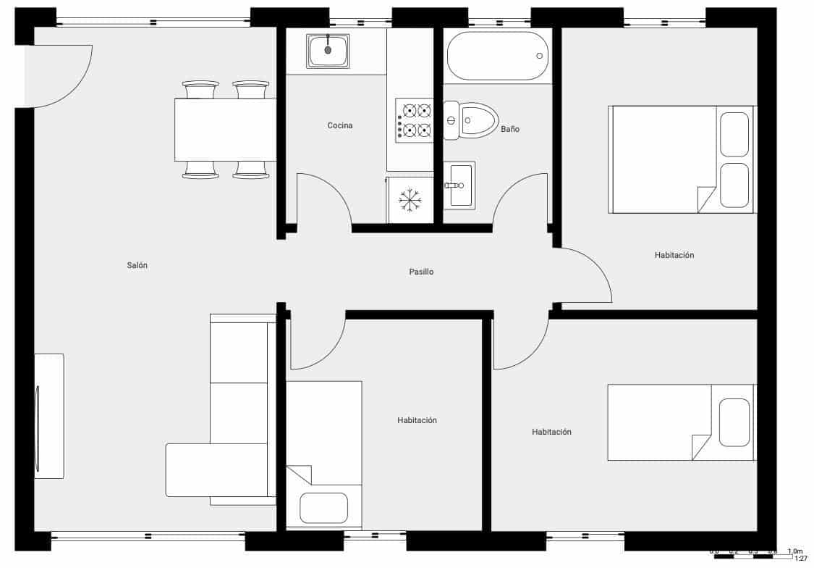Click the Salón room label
(x=137, y=266)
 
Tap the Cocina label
(x=340, y=126)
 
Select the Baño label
(x=510, y=130)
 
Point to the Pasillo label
(x=421, y=272)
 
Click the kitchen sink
(x=328, y=51)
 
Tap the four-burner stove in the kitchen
(x=415, y=120)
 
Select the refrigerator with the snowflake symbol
(x=410, y=199)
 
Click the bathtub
(x=497, y=56)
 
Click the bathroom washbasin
(x=459, y=185)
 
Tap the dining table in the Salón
(x=225, y=130)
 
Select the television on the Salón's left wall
(x=48, y=416)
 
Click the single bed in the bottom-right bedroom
(x=680, y=422)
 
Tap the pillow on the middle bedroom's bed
(x=323, y=507)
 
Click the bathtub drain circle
(x=539, y=56)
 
